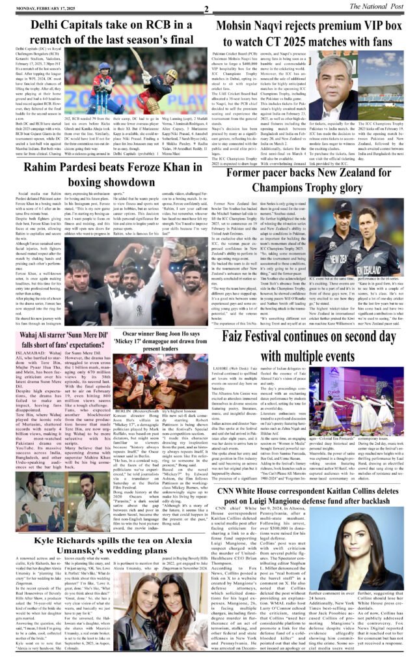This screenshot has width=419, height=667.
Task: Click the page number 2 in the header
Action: click(206, 8)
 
